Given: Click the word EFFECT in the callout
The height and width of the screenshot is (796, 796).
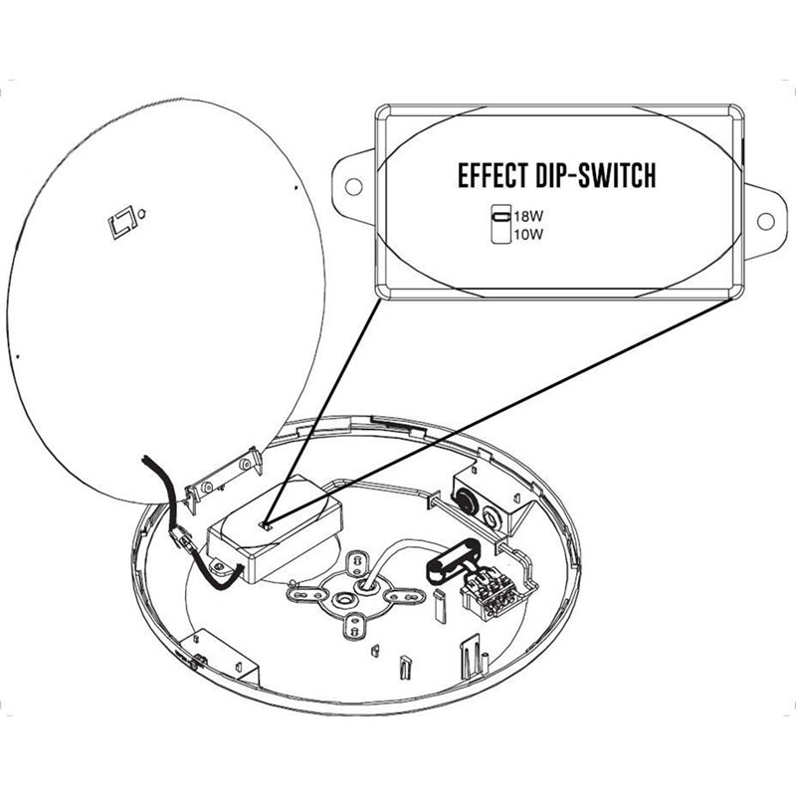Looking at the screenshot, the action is (x=493, y=176).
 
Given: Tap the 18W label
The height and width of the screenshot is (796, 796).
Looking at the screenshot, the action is (x=528, y=216).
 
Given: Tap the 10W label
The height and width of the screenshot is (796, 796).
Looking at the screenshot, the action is (x=528, y=235).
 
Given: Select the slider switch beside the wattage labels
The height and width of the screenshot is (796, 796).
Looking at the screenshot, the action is (x=501, y=224).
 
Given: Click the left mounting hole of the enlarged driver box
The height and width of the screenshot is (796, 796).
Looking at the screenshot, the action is (x=353, y=186).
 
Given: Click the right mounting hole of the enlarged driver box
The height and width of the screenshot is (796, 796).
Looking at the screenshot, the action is (x=765, y=221).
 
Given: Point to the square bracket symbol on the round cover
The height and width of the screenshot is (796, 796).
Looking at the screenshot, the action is (x=121, y=220).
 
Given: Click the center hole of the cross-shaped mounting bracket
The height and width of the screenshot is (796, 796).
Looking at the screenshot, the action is (x=345, y=600).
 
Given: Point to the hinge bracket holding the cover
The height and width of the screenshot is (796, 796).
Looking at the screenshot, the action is (x=223, y=480).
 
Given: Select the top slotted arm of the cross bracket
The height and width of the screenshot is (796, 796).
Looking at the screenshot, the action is (x=355, y=563).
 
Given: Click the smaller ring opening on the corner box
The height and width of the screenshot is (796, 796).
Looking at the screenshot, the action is (x=492, y=518).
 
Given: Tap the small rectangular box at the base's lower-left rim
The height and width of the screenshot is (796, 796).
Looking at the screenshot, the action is (x=222, y=657).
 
